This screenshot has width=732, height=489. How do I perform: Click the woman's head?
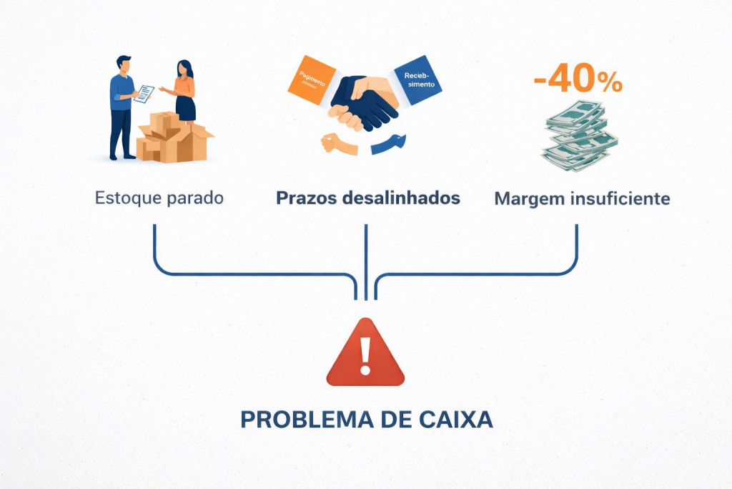[x=182, y=69]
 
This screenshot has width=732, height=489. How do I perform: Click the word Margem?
[x=529, y=199]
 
